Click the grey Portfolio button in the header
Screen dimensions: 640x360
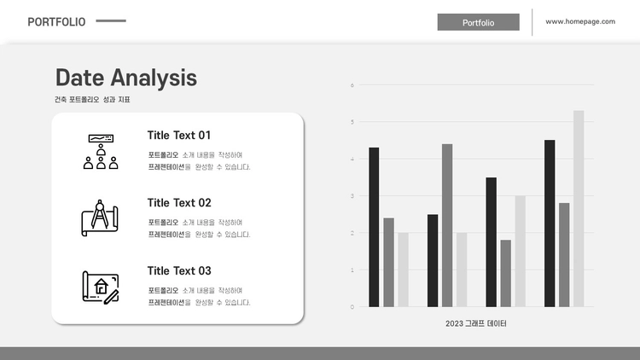pos(479,22)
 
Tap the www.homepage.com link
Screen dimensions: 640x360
pos(580,21)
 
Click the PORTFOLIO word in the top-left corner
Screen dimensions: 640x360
pos(56,21)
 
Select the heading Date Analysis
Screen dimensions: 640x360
pos(126,78)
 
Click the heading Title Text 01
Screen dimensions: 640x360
pos(179,135)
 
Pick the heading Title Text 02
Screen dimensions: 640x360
pos(179,203)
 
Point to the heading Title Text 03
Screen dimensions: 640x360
pos(179,270)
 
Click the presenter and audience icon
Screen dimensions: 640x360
pos(101,152)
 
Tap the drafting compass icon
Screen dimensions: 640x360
pos(100,218)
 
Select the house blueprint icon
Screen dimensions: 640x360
pos(101,287)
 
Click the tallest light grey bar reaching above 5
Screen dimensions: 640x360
pos(579,208)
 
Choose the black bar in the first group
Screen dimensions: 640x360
pos(374,228)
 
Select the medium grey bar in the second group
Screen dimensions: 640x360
pos(447,225)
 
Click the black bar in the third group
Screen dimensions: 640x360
pos(491,242)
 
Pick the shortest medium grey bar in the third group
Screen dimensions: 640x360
pos(506,274)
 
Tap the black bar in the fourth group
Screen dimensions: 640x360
pos(550,224)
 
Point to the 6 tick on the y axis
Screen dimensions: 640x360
pos(352,85)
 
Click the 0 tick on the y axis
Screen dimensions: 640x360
pos(352,307)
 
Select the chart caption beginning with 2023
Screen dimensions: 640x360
pos(476,323)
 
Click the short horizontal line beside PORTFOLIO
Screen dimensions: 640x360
pos(111,20)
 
